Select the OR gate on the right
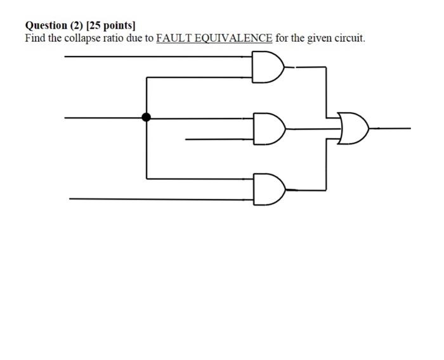(x=353, y=127)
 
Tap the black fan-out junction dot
(x=147, y=117)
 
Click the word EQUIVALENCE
(x=232, y=38)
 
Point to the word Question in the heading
(x=46, y=25)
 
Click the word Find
(x=35, y=38)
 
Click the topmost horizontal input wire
(x=159, y=56)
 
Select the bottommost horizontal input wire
(x=159, y=198)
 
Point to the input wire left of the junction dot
(x=105, y=117)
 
